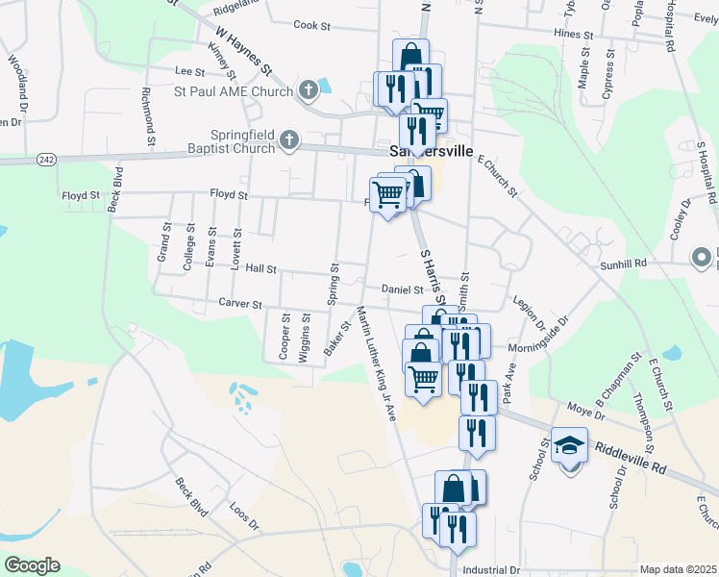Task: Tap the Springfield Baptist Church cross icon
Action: (287, 142)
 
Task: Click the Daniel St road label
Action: (402, 288)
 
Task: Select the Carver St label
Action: (239, 304)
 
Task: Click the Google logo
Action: (32, 565)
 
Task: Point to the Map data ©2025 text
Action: (678, 569)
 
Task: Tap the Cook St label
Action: (311, 25)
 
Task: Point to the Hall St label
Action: (260, 269)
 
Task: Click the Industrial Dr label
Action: (490, 570)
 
